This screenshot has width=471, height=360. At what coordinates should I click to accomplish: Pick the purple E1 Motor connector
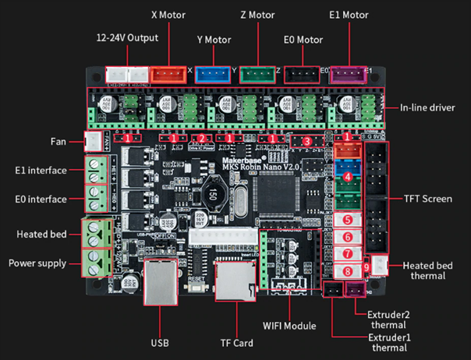pos(348,75)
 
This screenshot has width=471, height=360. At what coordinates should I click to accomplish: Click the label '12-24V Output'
pos(126,37)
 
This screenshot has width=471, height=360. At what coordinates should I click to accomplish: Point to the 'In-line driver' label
pos(431,108)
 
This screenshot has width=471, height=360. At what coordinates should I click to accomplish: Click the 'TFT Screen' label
pos(428,199)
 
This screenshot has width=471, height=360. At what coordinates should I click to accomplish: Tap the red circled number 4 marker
pos(348,176)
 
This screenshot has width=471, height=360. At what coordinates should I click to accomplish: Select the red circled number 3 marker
pos(306,140)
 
